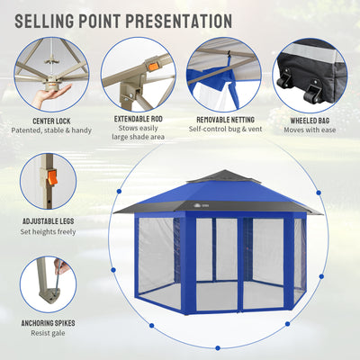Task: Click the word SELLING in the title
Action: coord(44,21)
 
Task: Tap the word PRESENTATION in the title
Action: coord(179,21)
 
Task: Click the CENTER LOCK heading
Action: coord(51,121)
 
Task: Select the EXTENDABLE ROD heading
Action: coord(139,119)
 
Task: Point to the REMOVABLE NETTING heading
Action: coord(225,120)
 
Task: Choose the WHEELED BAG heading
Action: coord(310,121)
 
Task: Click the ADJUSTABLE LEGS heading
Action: coord(49,221)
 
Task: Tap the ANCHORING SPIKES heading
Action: coord(48,323)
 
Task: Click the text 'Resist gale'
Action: coord(48,333)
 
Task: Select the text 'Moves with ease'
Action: coord(310,130)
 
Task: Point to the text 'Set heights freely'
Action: coord(48,231)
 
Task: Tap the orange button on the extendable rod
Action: coord(154,67)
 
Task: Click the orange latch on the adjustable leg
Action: coord(52,177)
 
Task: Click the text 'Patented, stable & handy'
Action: coord(51,130)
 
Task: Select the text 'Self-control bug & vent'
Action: coord(225,129)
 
